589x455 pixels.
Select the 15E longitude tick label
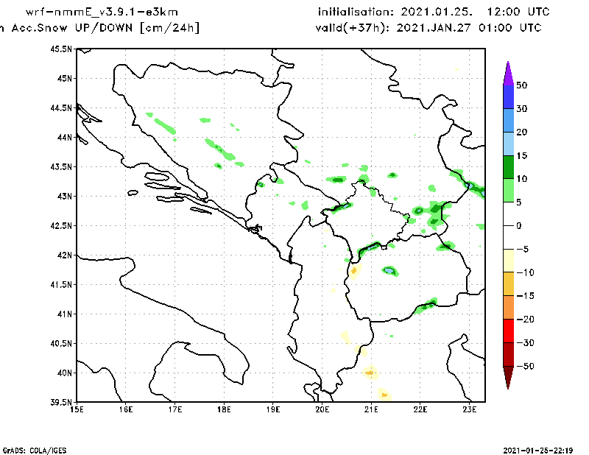point(76,409)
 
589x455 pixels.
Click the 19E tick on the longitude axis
point(273,409)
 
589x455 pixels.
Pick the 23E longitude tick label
point(470,409)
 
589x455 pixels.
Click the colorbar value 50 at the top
point(522,85)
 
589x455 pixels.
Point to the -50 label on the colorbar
point(524,366)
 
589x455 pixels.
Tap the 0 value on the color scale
point(519,225)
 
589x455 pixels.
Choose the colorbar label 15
point(522,155)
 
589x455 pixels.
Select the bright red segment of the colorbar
point(507,331)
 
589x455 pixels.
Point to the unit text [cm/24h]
point(169,28)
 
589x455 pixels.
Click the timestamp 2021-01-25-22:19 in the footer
point(537,450)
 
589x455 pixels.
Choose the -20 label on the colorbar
point(524,319)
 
